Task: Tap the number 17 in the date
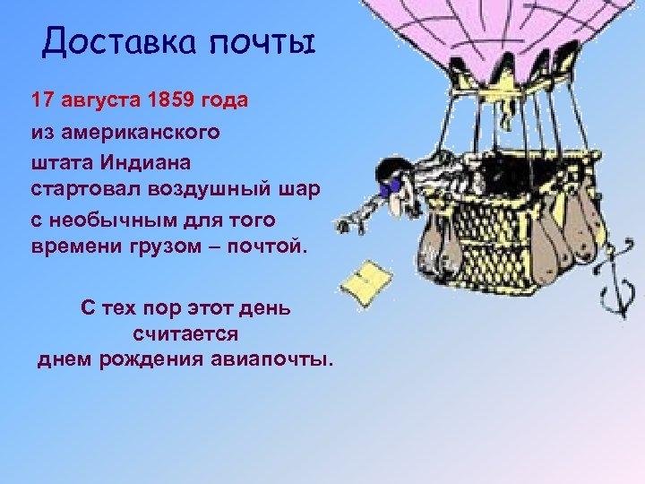tap(42, 100)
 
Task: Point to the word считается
tap(185, 333)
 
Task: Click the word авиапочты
tap(272, 359)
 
